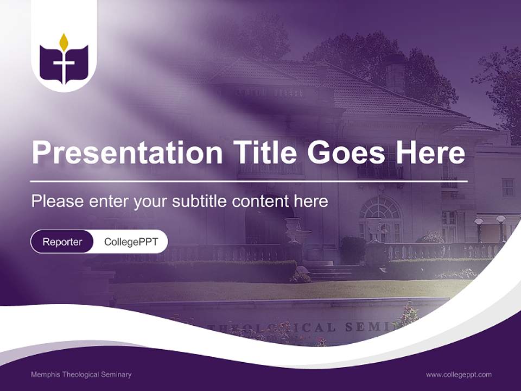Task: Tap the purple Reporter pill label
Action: tap(62, 242)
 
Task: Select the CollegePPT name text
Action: tap(131, 242)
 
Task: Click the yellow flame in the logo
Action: tap(63, 42)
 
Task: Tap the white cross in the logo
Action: tap(63, 65)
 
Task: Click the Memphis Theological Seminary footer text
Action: tap(81, 374)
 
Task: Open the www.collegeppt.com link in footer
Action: tap(459, 374)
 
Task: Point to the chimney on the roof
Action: tap(395, 73)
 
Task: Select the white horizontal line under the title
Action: tap(249, 181)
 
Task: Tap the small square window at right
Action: tap(507, 187)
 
